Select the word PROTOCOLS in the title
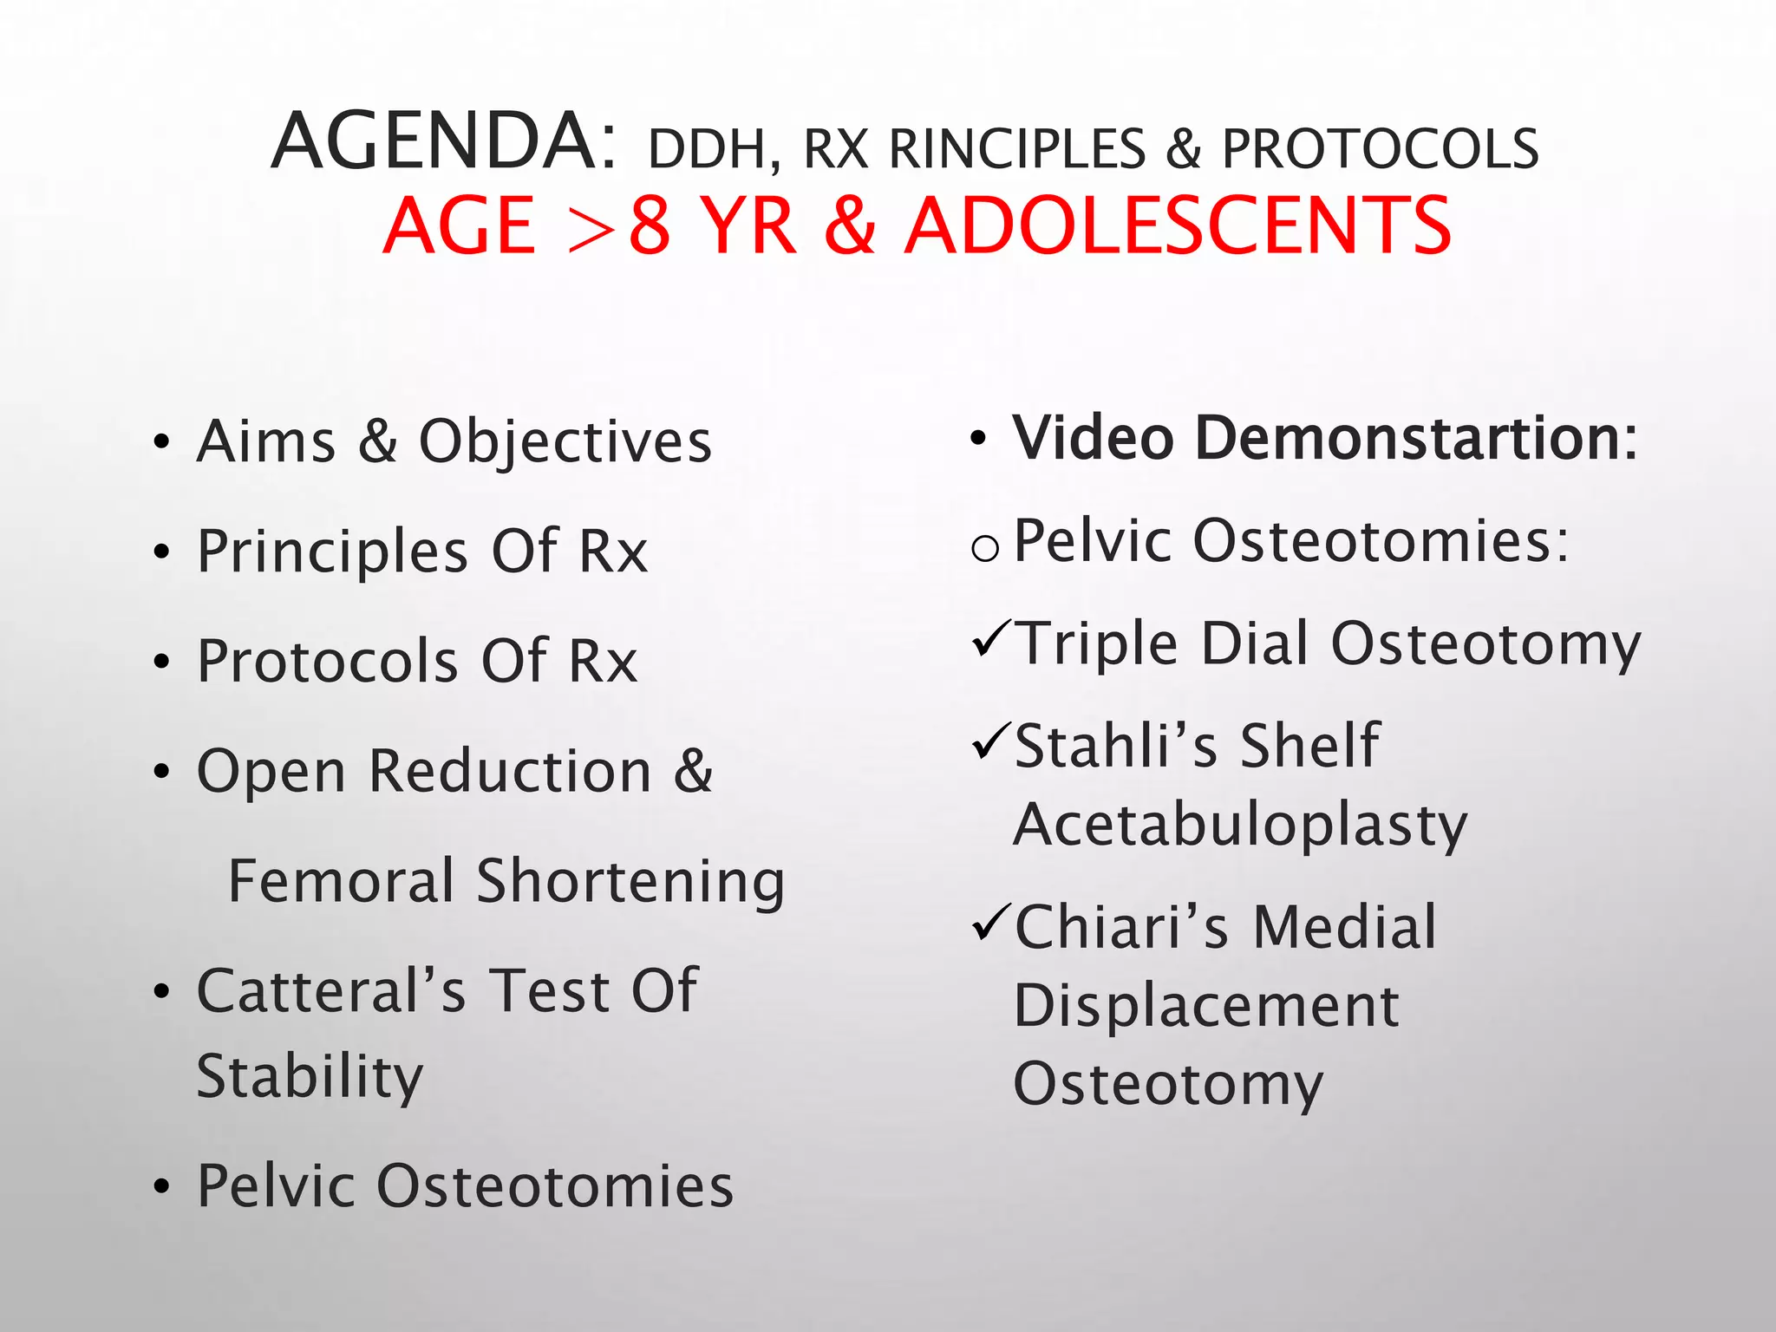point(1381,149)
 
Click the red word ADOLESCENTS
point(1178,226)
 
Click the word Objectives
point(565,443)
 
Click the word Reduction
point(510,771)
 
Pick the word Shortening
point(631,883)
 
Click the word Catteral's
point(331,990)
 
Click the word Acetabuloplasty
point(1240,825)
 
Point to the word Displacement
point(1206,1007)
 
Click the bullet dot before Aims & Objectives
point(161,443)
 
